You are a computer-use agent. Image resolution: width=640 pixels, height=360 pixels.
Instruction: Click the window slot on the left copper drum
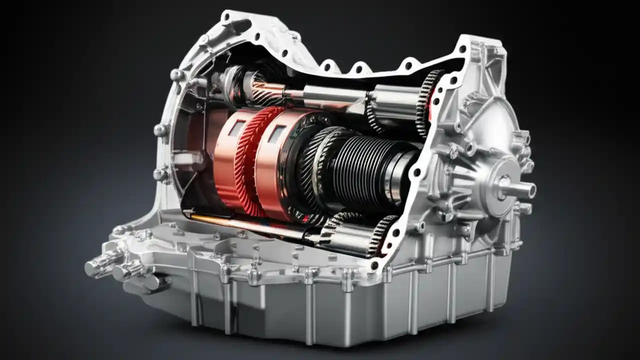pos(236,129)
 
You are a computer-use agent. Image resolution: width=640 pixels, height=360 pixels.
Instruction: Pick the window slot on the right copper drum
pos(276,133)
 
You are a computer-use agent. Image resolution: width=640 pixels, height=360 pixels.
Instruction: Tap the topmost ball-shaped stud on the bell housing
pos(176,75)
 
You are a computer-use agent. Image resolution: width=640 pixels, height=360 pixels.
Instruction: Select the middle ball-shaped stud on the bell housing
pos(160,130)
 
